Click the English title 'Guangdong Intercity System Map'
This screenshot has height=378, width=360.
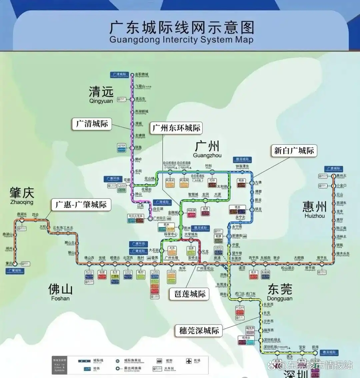point(181,40)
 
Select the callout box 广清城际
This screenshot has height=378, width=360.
point(92,124)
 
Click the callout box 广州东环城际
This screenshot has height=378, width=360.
point(176,128)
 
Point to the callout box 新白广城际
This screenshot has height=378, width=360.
point(294,151)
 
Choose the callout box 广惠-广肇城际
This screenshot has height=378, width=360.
point(81,204)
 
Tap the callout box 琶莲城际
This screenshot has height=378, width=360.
point(190,294)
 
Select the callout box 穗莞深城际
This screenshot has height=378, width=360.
point(199,330)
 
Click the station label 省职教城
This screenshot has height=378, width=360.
point(142,74)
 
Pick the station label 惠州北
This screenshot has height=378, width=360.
point(341,176)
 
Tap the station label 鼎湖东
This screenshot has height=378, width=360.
point(22,214)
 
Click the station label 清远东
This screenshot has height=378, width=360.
point(140,99)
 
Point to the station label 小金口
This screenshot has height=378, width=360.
point(341,185)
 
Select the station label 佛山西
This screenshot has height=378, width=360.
point(89,258)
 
